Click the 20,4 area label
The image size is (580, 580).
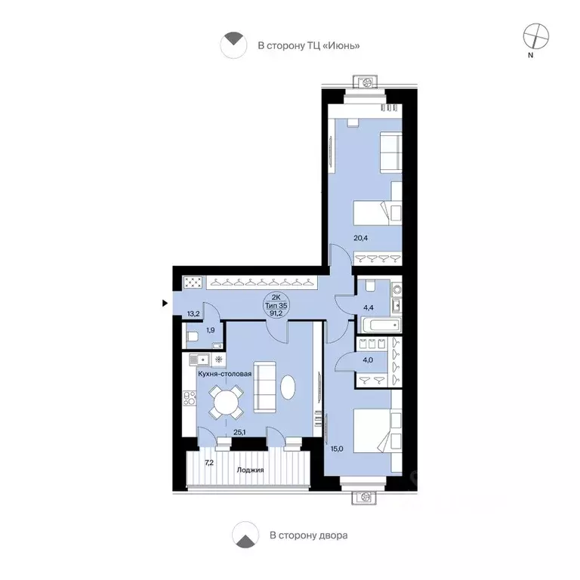(361, 238)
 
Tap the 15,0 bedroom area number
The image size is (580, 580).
(337, 449)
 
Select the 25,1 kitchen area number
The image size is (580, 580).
(239, 431)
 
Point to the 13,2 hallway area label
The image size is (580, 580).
(193, 314)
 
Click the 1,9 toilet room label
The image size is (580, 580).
(211, 330)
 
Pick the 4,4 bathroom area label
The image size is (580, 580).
(369, 308)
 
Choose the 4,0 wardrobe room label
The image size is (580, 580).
(368, 360)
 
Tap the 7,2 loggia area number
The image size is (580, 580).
(209, 462)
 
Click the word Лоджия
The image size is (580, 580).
(251, 470)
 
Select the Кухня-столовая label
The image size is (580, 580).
(225, 374)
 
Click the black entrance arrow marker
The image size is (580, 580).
(165, 304)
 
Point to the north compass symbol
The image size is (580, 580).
(535, 36)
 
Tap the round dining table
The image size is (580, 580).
(226, 402)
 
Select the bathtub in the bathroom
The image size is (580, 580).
(381, 325)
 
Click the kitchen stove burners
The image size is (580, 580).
(190, 397)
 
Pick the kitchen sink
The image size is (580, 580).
(199, 359)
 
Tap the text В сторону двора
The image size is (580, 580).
(308, 535)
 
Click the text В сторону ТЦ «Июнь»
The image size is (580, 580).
(309, 46)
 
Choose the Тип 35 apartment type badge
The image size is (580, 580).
(276, 306)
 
